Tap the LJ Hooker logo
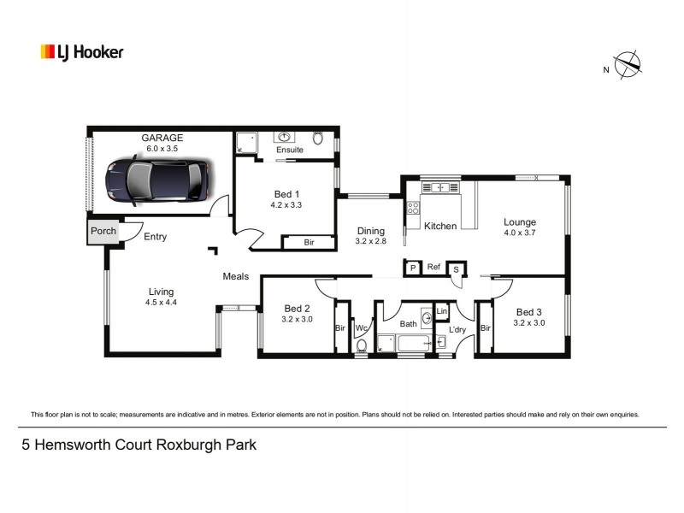click(x=82, y=52)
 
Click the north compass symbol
click(x=628, y=64)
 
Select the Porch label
click(x=103, y=231)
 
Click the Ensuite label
click(x=289, y=150)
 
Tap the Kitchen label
click(x=440, y=226)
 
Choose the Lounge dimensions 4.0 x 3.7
click(x=519, y=233)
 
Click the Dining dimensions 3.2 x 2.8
click(x=370, y=241)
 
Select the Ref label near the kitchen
click(x=433, y=268)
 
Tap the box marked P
click(x=412, y=268)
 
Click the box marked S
click(x=456, y=269)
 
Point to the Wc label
click(x=361, y=327)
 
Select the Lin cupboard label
click(x=442, y=311)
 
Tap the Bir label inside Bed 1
click(x=308, y=243)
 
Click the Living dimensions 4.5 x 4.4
click(x=160, y=302)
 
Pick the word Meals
click(x=235, y=276)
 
